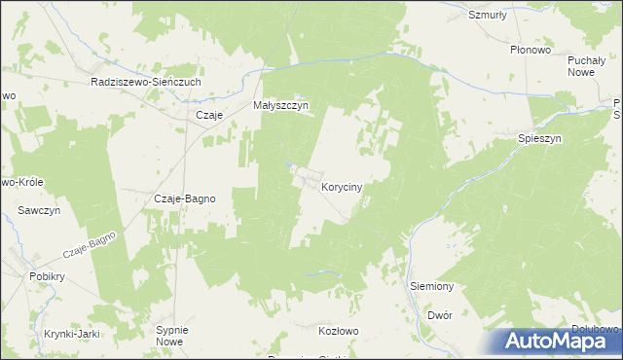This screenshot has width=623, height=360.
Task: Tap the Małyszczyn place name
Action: pyautogui.click(x=280, y=106)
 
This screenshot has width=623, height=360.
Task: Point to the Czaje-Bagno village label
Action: pyautogui.click(x=185, y=198)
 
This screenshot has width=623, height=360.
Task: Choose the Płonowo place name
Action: pyautogui.click(x=531, y=49)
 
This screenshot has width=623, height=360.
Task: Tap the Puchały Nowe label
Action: pyautogui.click(x=587, y=66)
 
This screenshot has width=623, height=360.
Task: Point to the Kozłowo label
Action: pyautogui.click(x=339, y=331)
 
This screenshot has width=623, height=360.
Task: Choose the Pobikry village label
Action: pyautogui.click(x=47, y=276)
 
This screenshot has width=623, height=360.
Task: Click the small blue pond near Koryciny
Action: pyautogui.click(x=289, y=167)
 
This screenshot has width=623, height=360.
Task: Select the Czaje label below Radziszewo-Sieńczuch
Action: pyautogui.click(x=210, y=115)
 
